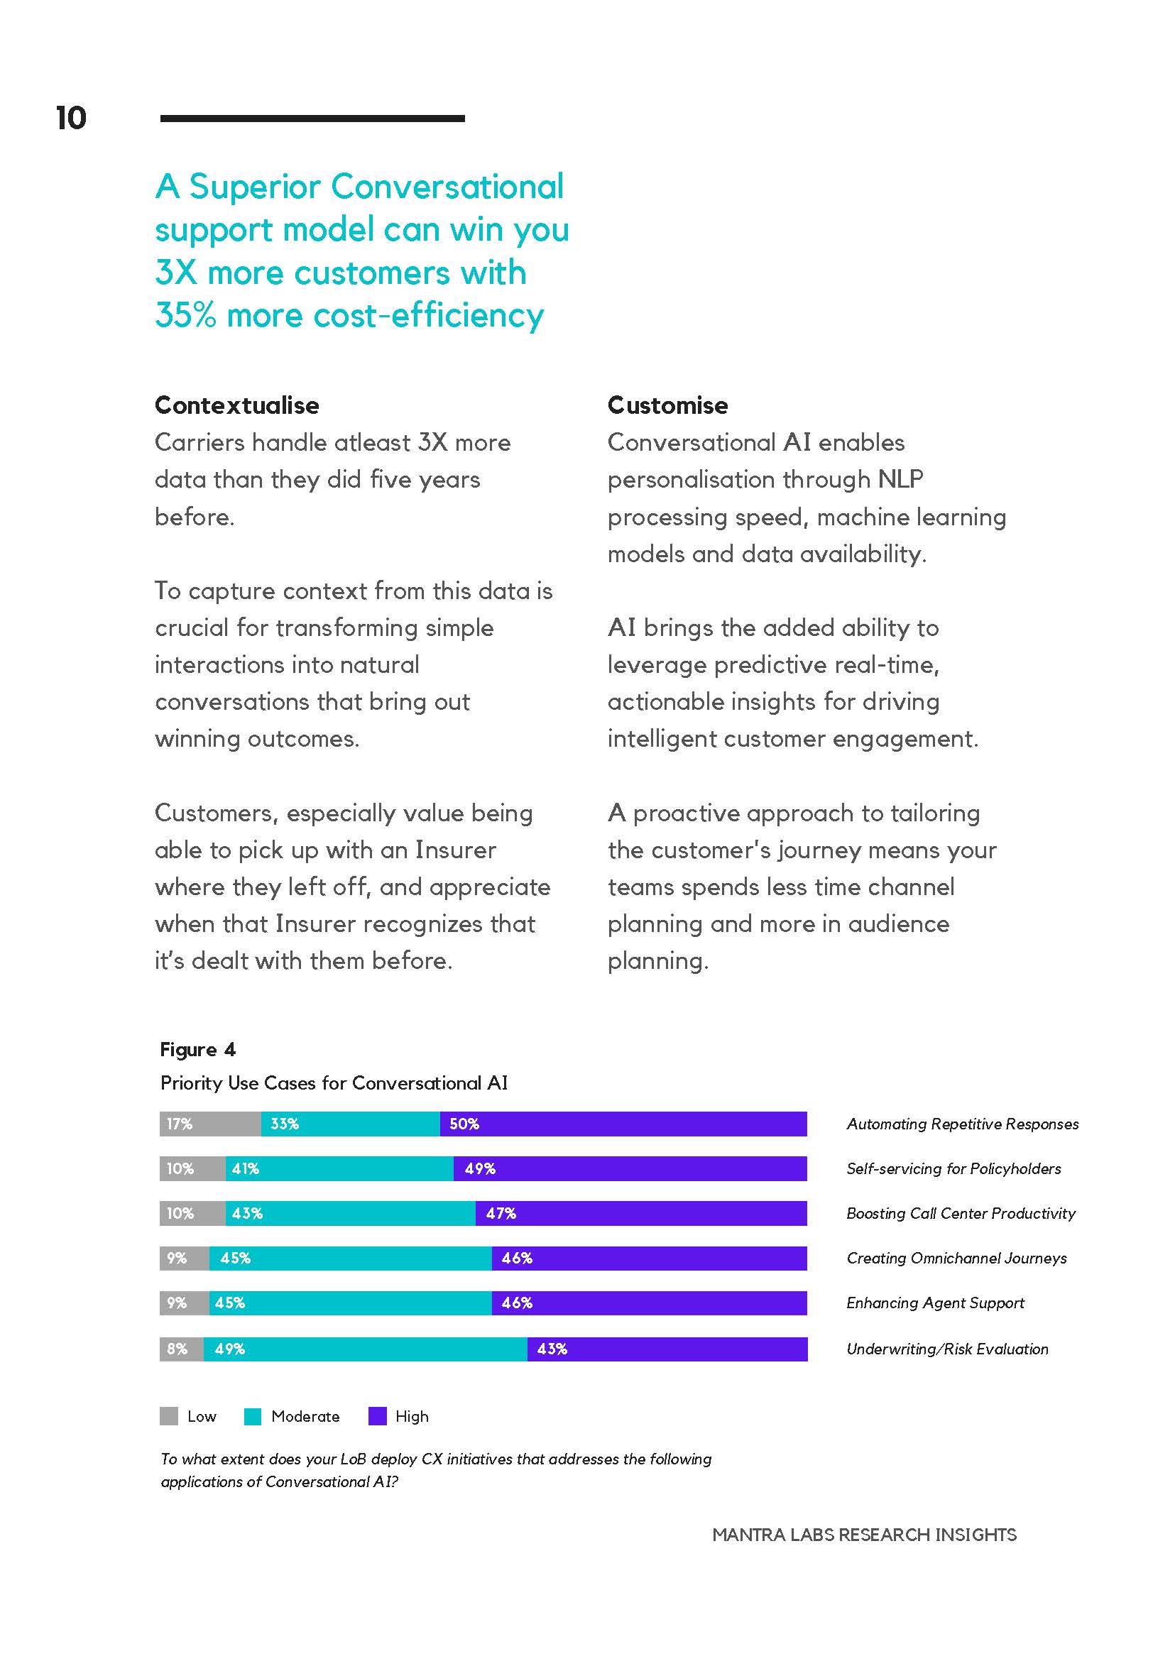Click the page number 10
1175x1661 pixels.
(x=71, y=118)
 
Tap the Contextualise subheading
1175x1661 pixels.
(x=236, y=405)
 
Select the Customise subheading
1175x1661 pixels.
(x=668, y=405)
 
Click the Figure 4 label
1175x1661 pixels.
(x=197, y=1050)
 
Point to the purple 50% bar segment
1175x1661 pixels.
(x=623, y=1124)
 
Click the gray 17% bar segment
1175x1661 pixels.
(x=210, y=1124)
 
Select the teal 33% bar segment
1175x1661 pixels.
(x=350, y=1124)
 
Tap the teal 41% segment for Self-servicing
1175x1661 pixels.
(x=339, y=1169)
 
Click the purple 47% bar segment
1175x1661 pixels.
(x=641, y=1213)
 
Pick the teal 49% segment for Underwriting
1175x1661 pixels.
(x=366, y=1349)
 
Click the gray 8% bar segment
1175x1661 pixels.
(x=182, y=1349)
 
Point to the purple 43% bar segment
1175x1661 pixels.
(x=667, y=1349)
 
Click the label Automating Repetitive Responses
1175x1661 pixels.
(x=962, y=1124)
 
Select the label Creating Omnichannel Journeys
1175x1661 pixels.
(x=956, y=1259)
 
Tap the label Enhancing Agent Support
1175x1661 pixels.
(x=936, y=1304)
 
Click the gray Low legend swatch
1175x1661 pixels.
(x=168, y=1417)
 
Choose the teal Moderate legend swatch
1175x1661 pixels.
(x=253, y=1417)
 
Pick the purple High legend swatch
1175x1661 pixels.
(x=377, y=1417)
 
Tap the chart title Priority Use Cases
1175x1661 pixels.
(x=334, y=1083)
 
